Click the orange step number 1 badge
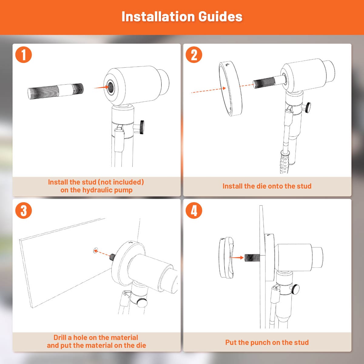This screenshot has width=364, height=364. [x=23, y=55]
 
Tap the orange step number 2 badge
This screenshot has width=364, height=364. [x=194, y=55]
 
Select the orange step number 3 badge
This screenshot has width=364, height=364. [x=23, y=211]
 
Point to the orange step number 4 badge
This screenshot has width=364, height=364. [x=194, y=211]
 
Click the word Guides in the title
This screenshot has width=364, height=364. [x=220, y=17]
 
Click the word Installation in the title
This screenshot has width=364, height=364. [x=158, y=17]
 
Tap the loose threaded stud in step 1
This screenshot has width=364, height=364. [x=56, y=91]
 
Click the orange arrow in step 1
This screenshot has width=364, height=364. [x=102, y=87]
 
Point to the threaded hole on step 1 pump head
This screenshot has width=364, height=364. [x=110, y=87]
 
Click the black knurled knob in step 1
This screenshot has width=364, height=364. [x=142, y=127]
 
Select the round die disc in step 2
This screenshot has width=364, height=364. [x=231, y=89]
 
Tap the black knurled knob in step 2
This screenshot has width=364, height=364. [x=308, y=108]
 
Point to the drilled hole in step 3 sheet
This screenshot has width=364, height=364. [x=96, y=250]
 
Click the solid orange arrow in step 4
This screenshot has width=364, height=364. [x=236, y=257]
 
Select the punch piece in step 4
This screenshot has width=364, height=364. [x=227, y=257]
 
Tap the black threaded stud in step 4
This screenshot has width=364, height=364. [x=252, y=258]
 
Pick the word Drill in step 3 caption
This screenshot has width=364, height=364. [x=60, y=337]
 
